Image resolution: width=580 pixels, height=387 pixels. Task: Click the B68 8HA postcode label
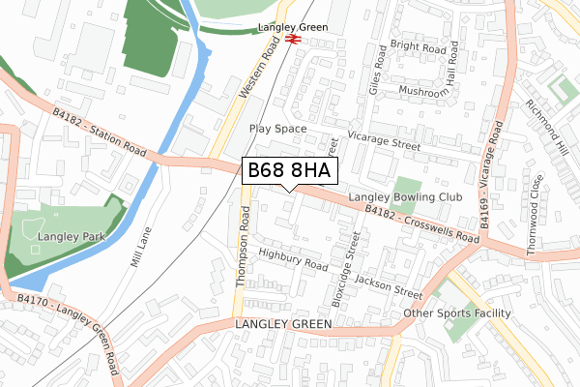click(x=289, y=171)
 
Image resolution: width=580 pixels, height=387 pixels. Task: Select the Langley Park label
click(x=66, y=235)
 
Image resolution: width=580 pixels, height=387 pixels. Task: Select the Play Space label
click(x=276, y=128)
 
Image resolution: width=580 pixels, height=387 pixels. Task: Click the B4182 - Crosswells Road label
click(x=421, y=223)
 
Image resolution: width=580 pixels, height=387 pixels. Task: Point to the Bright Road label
click(x=418, y=46)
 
